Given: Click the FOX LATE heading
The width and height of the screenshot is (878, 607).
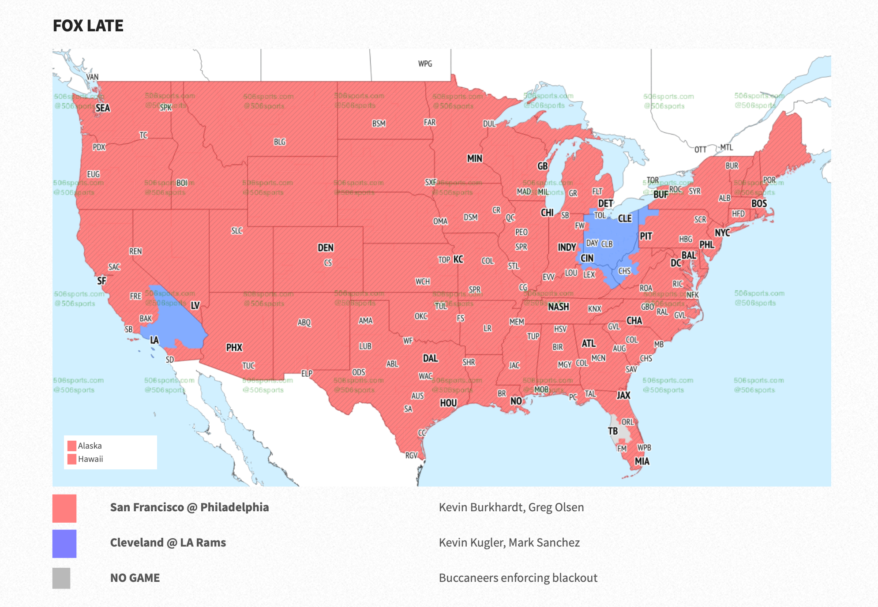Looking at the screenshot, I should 88,26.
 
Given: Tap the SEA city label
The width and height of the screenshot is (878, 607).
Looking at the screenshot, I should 102,108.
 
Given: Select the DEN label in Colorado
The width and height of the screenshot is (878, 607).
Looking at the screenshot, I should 326,248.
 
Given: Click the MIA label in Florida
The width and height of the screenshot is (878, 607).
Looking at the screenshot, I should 642,461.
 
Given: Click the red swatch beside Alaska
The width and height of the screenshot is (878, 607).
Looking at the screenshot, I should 72,446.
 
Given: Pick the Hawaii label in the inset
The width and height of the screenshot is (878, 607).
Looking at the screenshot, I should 90,459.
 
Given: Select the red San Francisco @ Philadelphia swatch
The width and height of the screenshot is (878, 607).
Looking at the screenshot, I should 64,508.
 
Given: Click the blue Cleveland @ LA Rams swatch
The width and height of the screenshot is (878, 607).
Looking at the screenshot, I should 64,543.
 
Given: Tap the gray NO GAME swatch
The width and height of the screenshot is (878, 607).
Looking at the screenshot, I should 61,578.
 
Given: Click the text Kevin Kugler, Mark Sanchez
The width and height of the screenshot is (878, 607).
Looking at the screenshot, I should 509,543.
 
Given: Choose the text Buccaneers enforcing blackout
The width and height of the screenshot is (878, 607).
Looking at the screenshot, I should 518,578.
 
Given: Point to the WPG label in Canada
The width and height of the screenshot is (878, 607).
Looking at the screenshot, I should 425,64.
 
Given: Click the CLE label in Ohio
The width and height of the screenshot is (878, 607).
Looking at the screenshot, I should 625,219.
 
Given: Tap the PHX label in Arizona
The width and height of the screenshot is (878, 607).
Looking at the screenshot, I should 234,348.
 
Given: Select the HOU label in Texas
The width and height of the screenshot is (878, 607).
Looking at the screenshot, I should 448,403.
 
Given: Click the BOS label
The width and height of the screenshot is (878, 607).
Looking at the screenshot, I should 759,204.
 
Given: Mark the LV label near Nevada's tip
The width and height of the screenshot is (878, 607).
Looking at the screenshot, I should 195,306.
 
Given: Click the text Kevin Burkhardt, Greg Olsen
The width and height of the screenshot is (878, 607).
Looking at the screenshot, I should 511,507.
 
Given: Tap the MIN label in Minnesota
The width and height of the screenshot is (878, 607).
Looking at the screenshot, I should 475,158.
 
